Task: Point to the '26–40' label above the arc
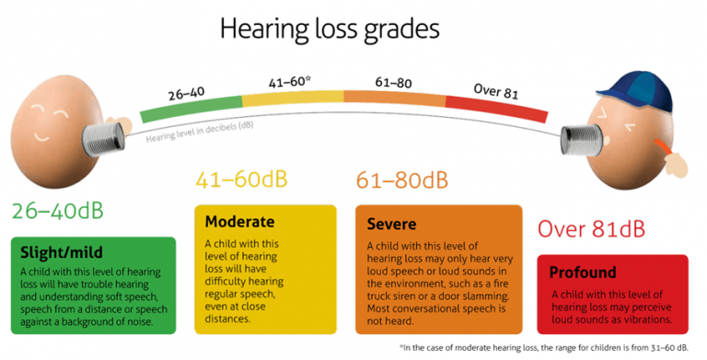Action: click(187, 93)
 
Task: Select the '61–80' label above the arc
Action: click(393, 79)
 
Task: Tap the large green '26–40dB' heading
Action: click(58, 211)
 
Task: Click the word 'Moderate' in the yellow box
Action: click(239, 222)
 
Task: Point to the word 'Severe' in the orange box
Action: click(391, 224)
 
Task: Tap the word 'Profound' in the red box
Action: click(583, 273)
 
